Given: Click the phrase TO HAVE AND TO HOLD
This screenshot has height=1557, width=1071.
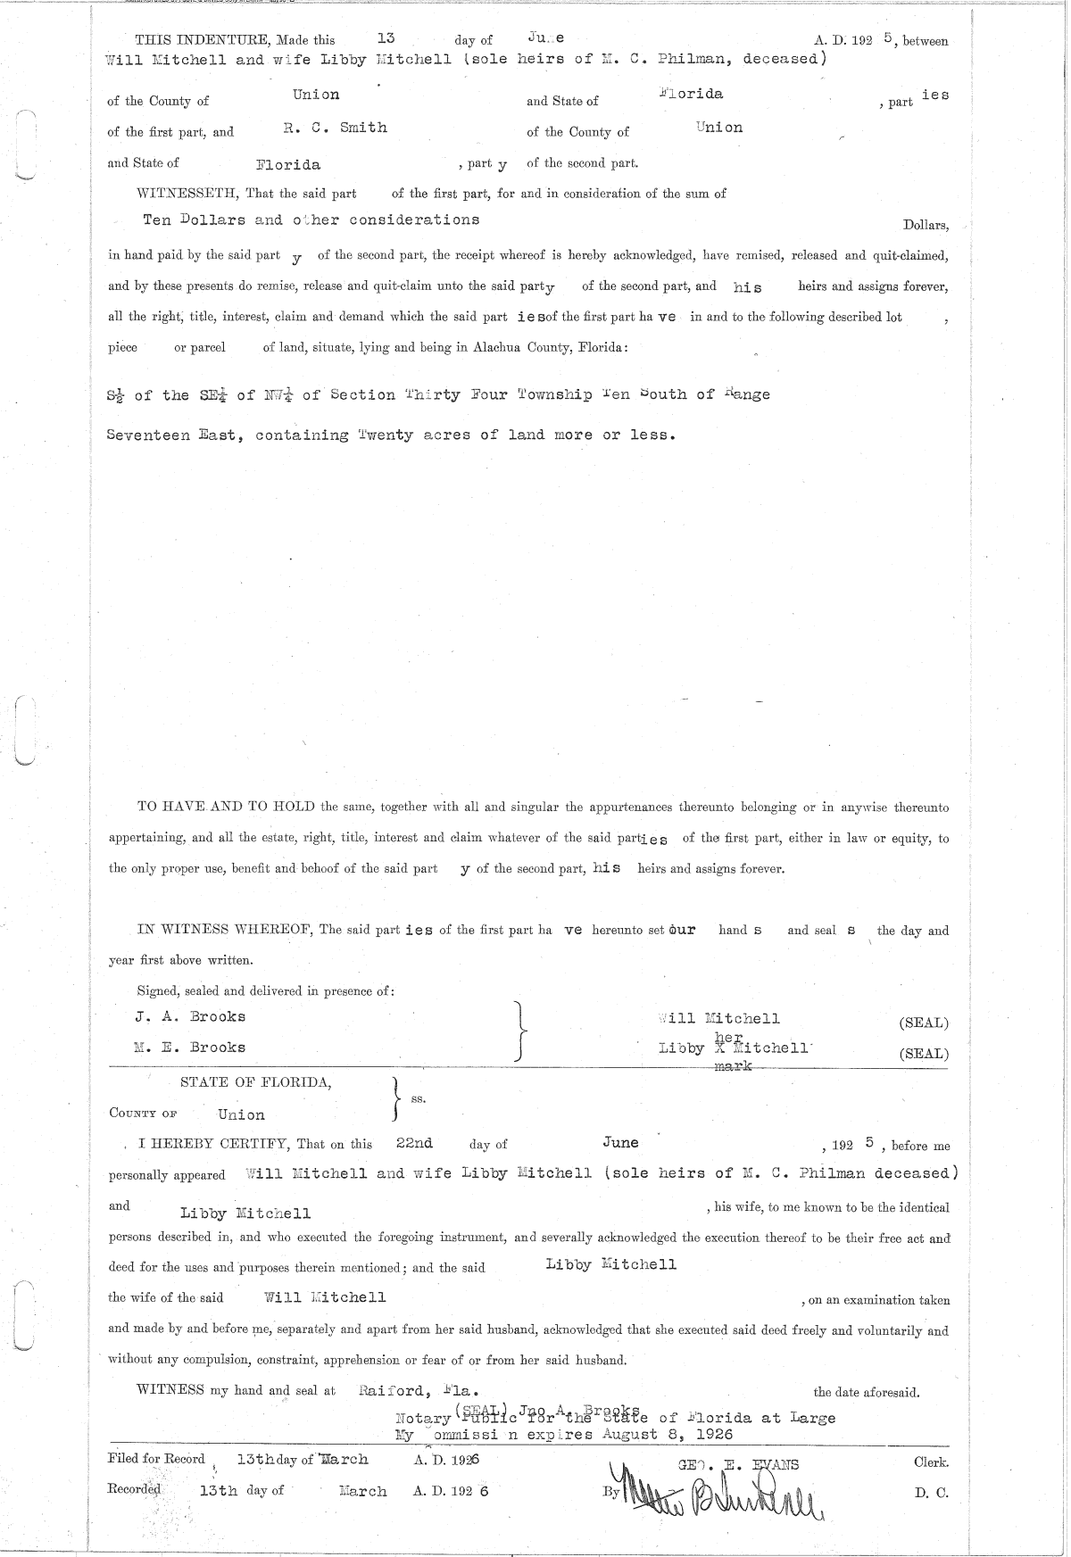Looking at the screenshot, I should coord(227,807).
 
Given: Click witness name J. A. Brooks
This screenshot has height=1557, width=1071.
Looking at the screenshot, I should coord(190,1016).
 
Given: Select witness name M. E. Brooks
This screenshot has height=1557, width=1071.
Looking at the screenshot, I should coord(190,1048).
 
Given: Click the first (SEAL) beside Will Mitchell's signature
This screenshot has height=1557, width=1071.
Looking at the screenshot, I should coord(924,1023).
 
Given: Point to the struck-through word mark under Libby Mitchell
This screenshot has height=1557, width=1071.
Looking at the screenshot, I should coord(735,1066).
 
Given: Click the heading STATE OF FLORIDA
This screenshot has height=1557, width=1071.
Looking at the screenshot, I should coord(256,1082).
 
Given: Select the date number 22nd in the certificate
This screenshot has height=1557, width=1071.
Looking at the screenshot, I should coord(415,1143).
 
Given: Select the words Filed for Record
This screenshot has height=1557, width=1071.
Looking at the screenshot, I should coord(156,1460).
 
